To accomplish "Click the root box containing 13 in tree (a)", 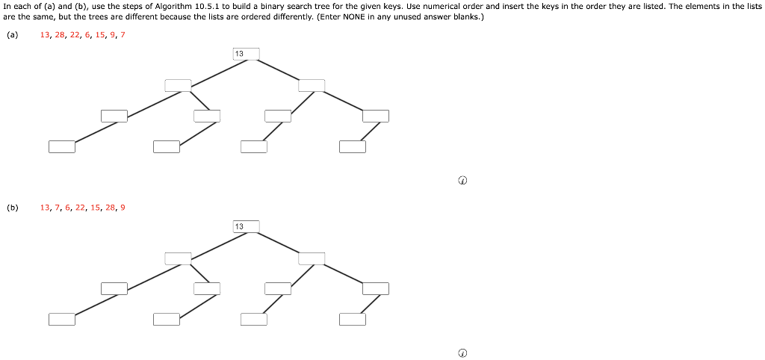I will pos(247,54).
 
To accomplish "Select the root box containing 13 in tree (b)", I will pos(247,226).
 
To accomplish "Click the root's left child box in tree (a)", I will pos(178,85).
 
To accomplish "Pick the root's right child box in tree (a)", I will pos(312,85).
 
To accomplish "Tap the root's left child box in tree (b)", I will pos(178,258).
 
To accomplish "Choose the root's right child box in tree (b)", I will pos(312,258).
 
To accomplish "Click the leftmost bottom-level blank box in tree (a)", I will pos(62,146).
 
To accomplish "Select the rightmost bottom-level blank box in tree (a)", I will pos(352,146).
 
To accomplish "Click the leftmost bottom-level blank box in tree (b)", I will pos(62,320).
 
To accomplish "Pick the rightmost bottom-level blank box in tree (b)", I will pos(352,320).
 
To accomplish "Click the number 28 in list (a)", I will pos(61,35).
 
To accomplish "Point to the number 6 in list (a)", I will pos(88,35).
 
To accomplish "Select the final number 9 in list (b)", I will pos(123,208).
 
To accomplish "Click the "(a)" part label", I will pos(12,35).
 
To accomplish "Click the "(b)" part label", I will pos(12,208).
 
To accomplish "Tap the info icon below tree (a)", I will pos(462,181).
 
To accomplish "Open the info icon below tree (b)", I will pos(462,353).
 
